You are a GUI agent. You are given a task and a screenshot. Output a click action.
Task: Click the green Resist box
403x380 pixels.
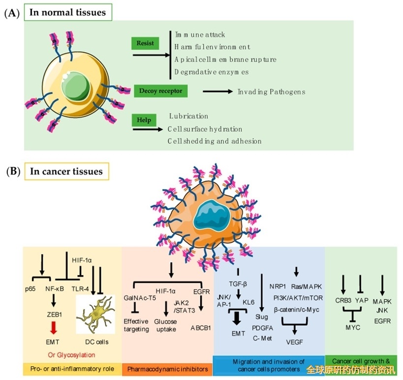[x=146, y=43]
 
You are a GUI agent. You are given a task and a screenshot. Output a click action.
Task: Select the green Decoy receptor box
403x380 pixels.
[x=161, y=91]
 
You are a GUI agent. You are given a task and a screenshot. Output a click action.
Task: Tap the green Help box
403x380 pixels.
[x=144, y=121]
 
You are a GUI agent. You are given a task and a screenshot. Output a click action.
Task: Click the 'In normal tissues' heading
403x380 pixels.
[x=67, y=12]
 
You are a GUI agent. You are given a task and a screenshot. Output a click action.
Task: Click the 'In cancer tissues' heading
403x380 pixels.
[x=66, y=171]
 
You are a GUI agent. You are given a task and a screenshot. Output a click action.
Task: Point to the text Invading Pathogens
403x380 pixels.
[x=271, y=92]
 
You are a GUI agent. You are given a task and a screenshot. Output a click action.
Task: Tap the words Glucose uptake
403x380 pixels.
[x=165, y=325]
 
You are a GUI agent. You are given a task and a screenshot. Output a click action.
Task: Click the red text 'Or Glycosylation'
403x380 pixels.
[x=71, y=354]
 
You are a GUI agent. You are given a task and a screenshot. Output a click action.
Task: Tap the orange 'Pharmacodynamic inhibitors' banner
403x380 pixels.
[x=167, y=369]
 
